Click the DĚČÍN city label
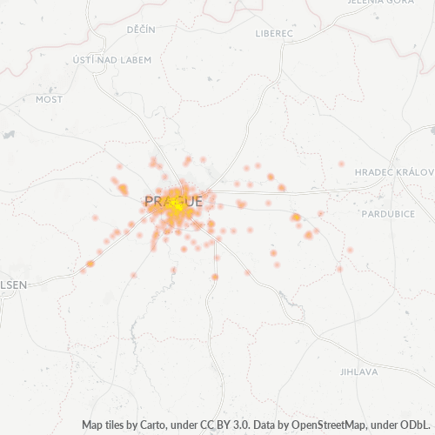(x=140, y=30)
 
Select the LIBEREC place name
(x=275, y=34)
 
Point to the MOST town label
(x=49, y=99)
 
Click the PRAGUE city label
(x=173, y=201)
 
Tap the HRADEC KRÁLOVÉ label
(x=396, y=172)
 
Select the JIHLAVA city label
(x=359, y=371)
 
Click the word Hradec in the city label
(x=375, y=172)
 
